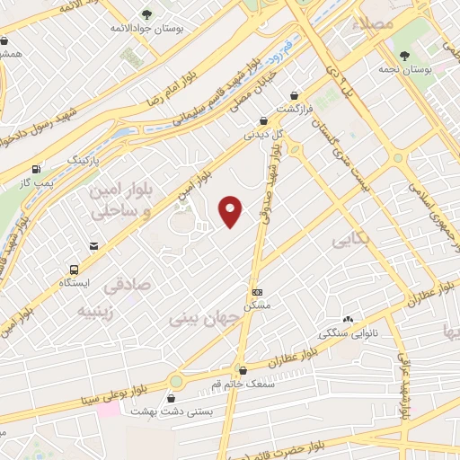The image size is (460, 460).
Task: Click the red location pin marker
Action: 231,210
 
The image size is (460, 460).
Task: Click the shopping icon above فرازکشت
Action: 295,94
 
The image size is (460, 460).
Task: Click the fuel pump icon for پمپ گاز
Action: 36,168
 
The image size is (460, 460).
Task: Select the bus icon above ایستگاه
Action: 75,269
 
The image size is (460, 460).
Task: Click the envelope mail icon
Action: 93,246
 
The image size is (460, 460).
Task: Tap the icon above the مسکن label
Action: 258,292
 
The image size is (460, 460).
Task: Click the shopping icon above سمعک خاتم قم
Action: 242,369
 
